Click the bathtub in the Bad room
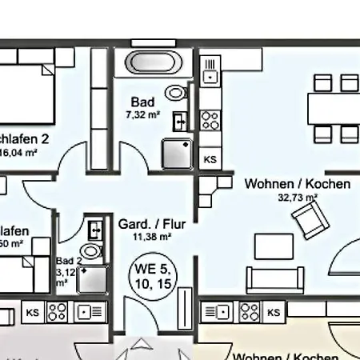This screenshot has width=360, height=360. (x=153, y=62)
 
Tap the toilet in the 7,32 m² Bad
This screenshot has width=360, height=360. (x=174, y=93)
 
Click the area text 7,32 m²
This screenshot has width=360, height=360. (x=142, y=114)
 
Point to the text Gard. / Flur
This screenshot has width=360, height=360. (x=152, y=224)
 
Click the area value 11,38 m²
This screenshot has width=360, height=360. (x=152, y=237)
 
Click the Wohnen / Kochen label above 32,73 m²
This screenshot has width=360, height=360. (x=297, y=184)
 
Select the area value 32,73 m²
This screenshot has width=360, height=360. (x=298, y=197)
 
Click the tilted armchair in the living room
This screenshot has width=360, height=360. (x=310, y=219)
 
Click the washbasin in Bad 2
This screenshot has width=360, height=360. (x=95, y=230)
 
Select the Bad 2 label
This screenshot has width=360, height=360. (x=69, y=261)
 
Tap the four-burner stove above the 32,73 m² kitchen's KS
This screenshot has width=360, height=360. (x=210, y=120)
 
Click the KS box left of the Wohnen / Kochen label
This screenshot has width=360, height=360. (x=210, y=159)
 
